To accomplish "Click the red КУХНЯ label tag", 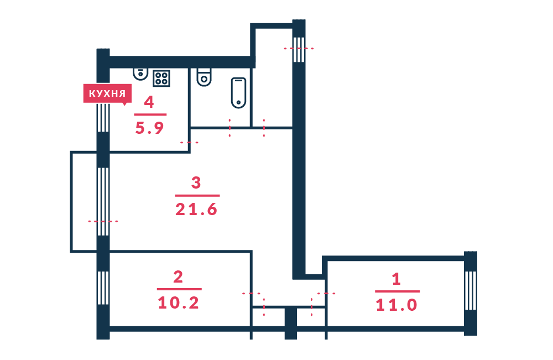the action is pos(107,93).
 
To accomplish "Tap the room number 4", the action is pos(149,102).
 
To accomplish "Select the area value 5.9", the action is pos(149,128).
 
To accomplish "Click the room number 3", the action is pos(196,182).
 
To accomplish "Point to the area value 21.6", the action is pos(196,210).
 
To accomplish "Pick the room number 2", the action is pos(178,277).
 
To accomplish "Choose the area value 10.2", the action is pos(179,303).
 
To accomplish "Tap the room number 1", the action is pos(397,279).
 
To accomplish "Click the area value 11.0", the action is pos(397,305).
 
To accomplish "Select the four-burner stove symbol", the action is pos(161,79).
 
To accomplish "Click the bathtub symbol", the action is pos(238,93).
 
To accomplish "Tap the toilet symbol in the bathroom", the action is pos(204,77).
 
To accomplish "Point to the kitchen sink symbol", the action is pos(140,74).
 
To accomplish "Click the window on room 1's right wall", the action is pos(471,290).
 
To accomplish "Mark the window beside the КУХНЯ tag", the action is pos(103,117).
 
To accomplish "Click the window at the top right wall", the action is pos(299,49).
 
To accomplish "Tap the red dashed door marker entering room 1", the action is pos(326,293).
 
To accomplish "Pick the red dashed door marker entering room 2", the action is pos(252,293).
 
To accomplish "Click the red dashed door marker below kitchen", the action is pos(189,143).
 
